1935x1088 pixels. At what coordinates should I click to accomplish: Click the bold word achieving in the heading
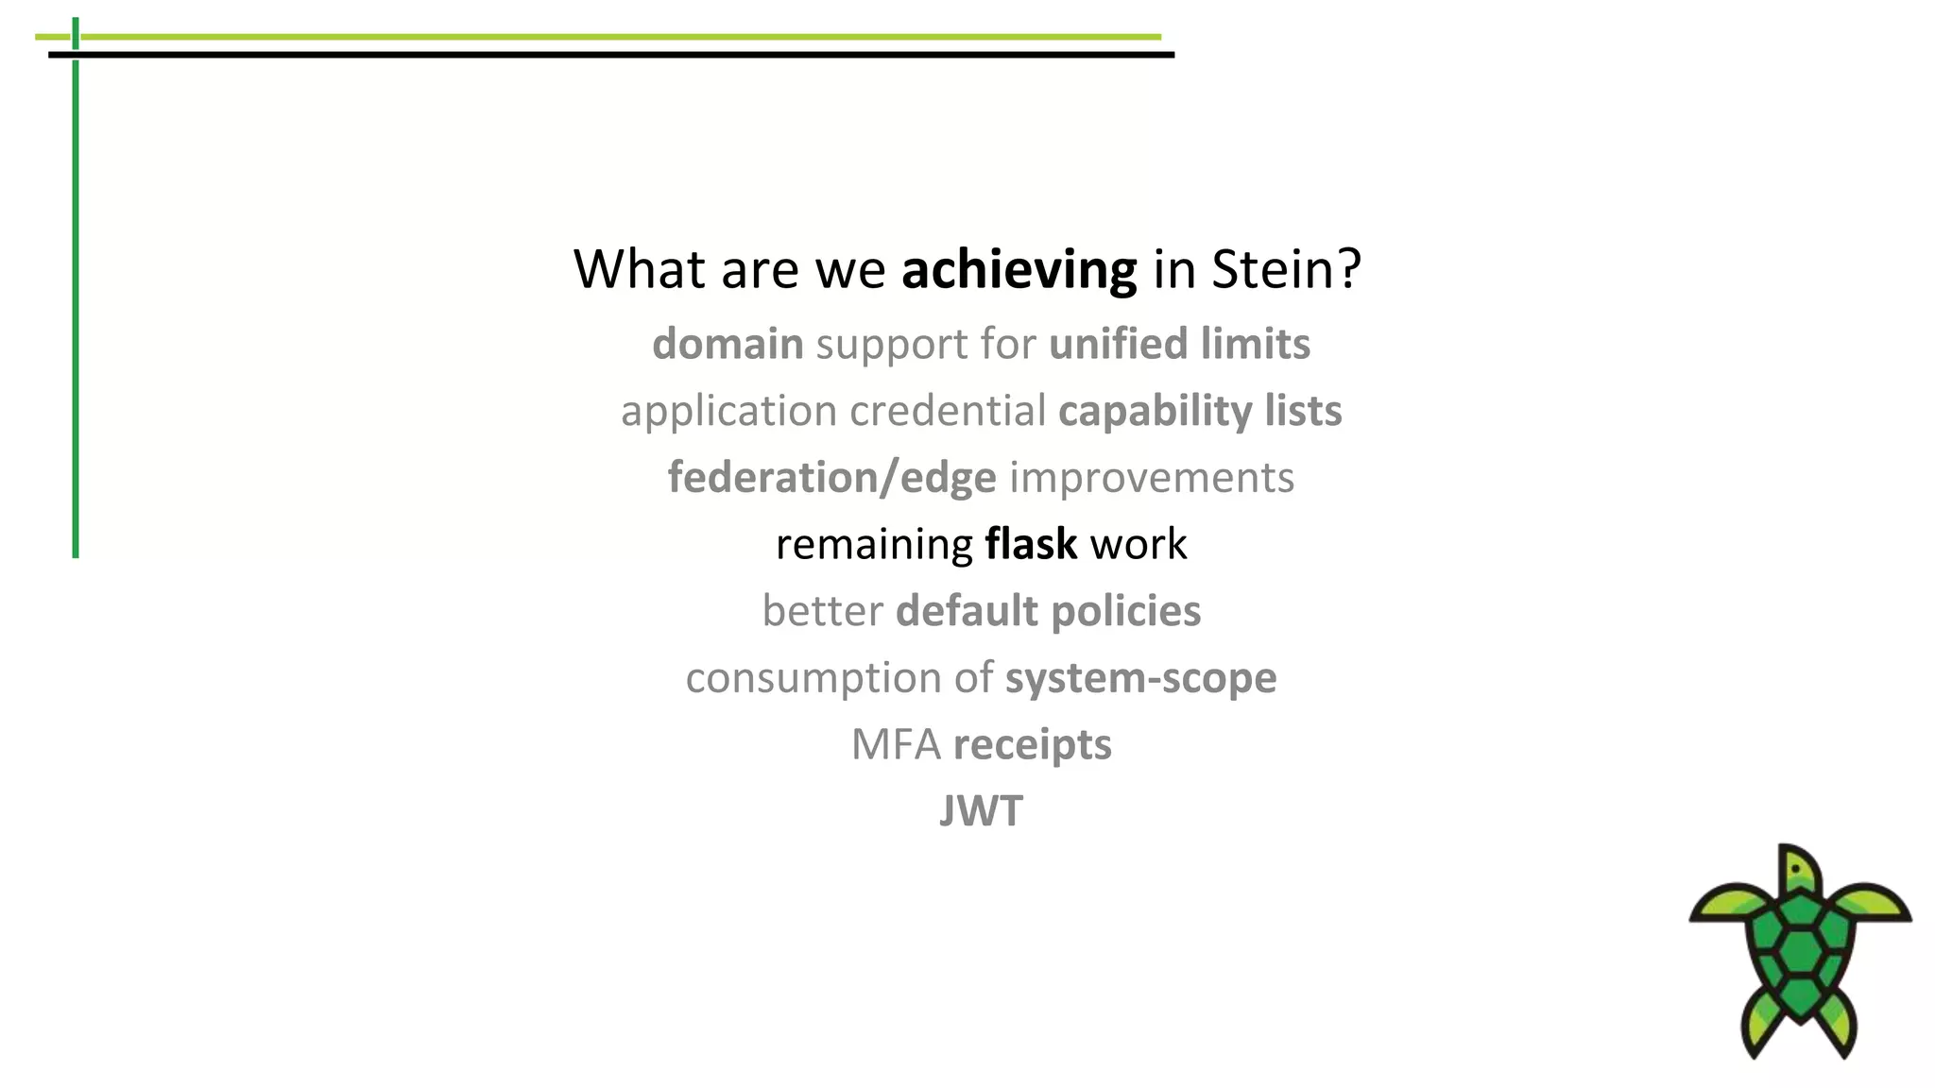(1019, 270)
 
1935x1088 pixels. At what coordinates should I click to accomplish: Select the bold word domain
(728, 344)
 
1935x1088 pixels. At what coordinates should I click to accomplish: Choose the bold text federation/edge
(831, 478)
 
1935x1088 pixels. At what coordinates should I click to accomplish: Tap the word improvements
(1152, 478)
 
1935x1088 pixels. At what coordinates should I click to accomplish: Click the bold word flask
(1031, 544)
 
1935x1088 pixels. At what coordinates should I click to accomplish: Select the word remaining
(874, 545)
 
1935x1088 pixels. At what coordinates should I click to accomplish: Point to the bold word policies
(1125, 611)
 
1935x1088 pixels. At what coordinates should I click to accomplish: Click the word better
(822, 611)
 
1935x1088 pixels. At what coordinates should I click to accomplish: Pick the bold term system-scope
(1140, 678)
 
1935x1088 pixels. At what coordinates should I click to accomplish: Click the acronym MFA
(896, 744)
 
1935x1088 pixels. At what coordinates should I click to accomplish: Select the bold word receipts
(1032, 745)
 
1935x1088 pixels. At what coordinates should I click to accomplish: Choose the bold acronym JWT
(981, 811)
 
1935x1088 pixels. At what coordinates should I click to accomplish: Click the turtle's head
(1798, 868)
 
